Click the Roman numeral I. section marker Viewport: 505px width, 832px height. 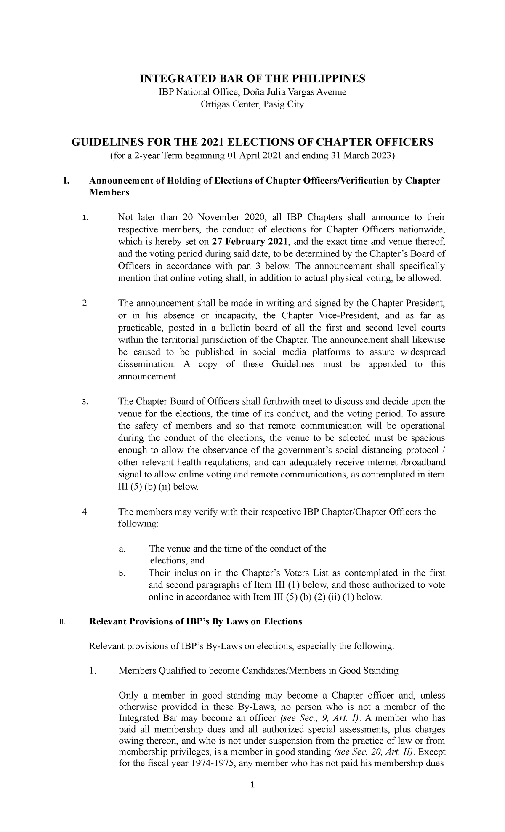[x=65, y=181]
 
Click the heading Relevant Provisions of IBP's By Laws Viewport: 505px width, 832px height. [x=196, y=621]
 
